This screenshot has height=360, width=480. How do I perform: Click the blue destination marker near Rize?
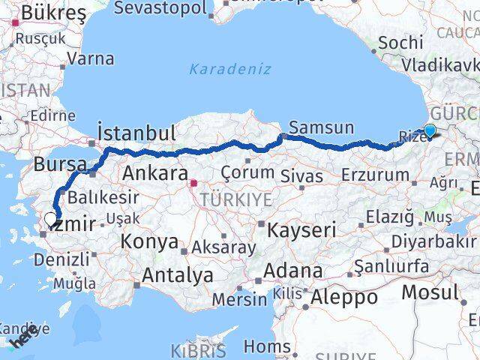(x=430, y=131)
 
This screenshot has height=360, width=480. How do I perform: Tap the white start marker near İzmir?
(x=50, y=220)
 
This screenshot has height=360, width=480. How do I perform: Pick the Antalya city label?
(x=177, y=275)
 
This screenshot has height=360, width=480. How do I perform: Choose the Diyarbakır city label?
(x=435, y=241)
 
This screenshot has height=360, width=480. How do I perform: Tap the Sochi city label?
(x=400, y=43)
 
